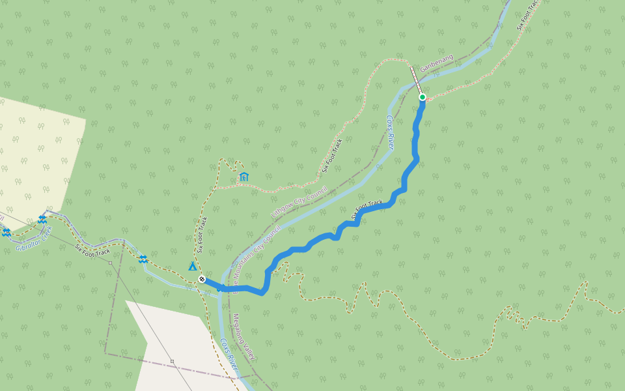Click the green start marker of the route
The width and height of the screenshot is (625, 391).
pos(422,97)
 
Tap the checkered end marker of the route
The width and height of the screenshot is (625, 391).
pos(202,279)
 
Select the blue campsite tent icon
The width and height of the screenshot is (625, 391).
pos(192,266)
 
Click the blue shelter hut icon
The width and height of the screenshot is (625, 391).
pos(243,177)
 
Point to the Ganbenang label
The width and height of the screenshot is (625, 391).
pos(436,63)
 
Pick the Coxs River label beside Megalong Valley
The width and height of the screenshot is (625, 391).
pos(228,356)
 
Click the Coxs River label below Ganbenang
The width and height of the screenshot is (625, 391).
pos(391,133)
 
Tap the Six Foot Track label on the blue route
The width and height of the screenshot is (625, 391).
pos(367,209)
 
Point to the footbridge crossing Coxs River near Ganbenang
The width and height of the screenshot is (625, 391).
pos(417,80)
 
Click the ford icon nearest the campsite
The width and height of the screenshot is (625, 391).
pos(143,259)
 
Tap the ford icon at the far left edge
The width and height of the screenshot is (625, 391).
pos(6,232)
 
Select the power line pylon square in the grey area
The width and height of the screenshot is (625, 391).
pos(172,360)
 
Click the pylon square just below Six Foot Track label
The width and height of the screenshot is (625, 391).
pos(111,263)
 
